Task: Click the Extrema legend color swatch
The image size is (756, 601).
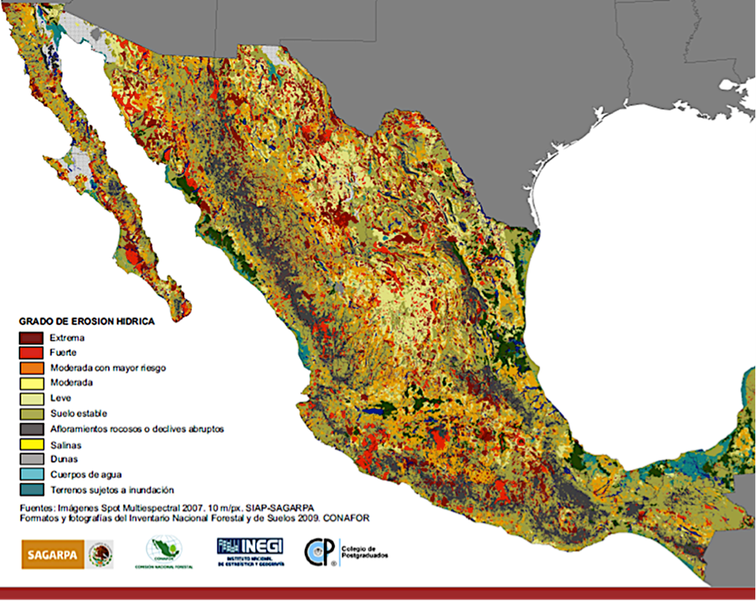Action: (32, 338)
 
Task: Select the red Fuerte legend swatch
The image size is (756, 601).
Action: (32, 353)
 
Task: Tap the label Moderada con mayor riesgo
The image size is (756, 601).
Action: (107, 368)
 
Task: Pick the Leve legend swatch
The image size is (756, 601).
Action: (32, 398)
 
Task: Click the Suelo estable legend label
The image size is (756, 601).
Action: (77, 413)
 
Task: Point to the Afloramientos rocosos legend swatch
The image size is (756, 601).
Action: (32, 429)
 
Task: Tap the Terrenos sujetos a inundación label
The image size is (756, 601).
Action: (111, 489)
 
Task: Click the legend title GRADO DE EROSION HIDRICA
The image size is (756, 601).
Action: (86, 322)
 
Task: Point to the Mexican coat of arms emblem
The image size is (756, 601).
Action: (100, 554)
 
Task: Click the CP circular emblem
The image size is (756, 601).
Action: (321, 553)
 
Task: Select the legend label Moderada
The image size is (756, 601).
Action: (70, 383)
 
